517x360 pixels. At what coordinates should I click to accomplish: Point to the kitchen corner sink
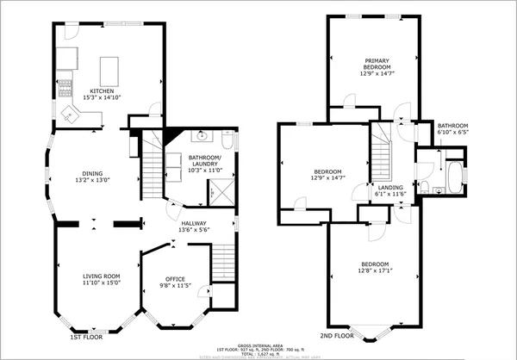click(x=68, y=111)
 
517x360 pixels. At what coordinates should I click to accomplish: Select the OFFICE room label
click(x=176, y=279)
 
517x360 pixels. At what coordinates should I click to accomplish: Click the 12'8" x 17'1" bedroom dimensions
click(x=375, y=270)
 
